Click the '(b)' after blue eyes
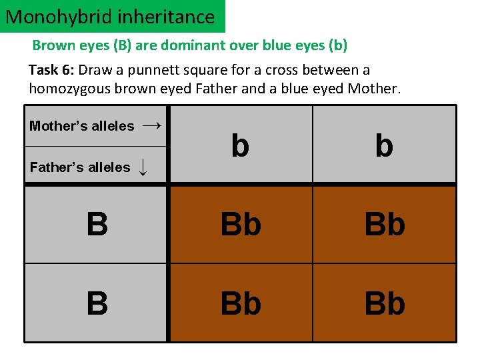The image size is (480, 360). [x=338, y=46]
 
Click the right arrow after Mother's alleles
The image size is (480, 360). [x=152, y=125]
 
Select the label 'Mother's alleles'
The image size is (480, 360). [x=81, y=126]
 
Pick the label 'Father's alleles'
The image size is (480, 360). [x=80, y=167]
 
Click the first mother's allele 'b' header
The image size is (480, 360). [x=241, y=145]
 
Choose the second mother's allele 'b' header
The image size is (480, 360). [x=384, y=145]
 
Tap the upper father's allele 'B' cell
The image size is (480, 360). [x=97, y=225]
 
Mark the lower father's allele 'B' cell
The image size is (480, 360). [x=97, y=303]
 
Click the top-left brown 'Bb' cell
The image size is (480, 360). [x=241, y=225]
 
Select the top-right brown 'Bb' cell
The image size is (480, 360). [x=385, y=225]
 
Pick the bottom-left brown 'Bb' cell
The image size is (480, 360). [x=241, y=303]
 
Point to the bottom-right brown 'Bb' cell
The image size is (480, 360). [x=385, y=303]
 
